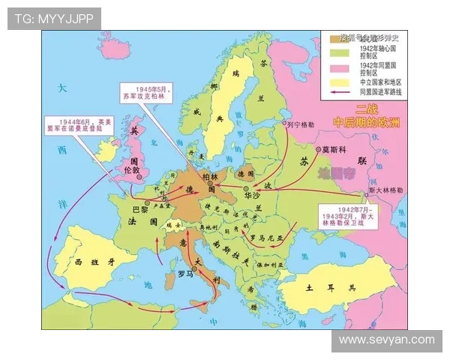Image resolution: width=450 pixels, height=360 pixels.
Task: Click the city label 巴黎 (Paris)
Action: click(139, 210)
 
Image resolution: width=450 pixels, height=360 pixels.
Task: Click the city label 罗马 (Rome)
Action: click(186, 274)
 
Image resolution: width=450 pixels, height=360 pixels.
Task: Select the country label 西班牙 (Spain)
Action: click(95, 262)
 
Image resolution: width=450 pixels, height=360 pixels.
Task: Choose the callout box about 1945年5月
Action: click(148, 93)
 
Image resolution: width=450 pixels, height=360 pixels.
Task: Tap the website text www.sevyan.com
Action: click(386, 340)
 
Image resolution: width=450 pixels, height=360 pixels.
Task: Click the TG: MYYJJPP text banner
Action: click(54, 19)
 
